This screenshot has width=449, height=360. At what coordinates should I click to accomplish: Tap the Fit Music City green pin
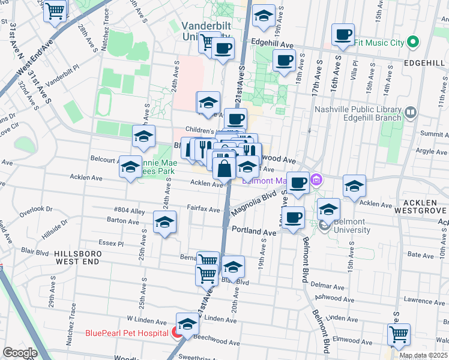pos(412,43)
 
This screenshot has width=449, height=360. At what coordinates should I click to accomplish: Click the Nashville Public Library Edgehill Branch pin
pos(411,112)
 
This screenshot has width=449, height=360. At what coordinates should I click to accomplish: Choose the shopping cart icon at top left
pos(55,10)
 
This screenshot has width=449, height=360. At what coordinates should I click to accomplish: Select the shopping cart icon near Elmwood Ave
pos(399,335)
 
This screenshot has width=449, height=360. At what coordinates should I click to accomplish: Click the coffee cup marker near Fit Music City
pos(343,35)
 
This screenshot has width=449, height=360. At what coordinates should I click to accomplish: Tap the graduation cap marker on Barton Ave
pos(164,223)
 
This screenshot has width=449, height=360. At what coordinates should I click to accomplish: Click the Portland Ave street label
pos(253,231)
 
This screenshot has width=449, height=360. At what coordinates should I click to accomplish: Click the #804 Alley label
pos(130,211)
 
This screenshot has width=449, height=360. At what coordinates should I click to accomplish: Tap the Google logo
pos(20,353)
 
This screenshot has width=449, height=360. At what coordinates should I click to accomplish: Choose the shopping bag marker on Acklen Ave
pos(224,168)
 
